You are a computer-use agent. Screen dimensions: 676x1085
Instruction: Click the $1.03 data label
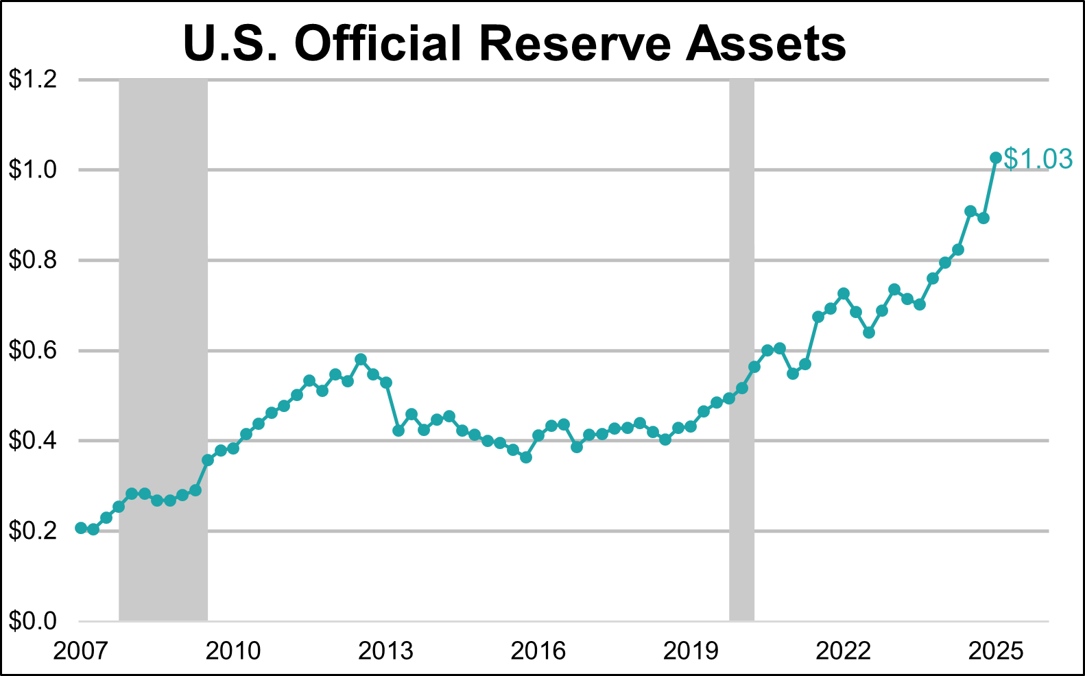click(x=1038, y=159)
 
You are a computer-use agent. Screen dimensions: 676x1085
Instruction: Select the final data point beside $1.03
click(x=996, y=158)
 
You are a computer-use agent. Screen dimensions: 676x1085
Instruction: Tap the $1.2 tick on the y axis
click(x=32, y=80)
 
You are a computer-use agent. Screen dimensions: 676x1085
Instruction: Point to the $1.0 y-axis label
click(x=32, y=170)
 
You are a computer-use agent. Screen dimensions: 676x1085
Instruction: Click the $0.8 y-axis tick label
click(x=32, y=261)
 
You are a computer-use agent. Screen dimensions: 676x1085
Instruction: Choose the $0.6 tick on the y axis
click(x=32, y=350)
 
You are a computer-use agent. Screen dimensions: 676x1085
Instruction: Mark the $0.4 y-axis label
click(x=32, y=441)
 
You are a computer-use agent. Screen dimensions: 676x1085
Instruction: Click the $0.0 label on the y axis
click(x=32, y=621)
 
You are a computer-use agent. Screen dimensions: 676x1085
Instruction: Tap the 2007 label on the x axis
click(x=81, y=650)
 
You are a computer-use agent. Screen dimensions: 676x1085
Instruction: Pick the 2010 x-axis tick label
click(x=233, y=650)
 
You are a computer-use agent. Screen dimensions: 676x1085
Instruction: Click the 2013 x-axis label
click(x=385, y=650)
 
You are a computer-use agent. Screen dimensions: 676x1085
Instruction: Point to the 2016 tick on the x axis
click(x=538, y=650)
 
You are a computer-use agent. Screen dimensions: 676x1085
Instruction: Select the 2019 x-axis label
click(x=691, y=650)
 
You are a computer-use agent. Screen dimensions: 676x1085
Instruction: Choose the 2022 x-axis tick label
click(x=843, y=650)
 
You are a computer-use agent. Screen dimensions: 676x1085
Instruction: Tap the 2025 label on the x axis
click(x=996, y=650)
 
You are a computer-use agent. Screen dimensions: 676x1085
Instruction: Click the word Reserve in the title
click(x=575, y=44)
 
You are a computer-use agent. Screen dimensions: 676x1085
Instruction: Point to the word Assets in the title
click(x=766, y=44)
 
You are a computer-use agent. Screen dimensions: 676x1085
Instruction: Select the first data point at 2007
click(x=81, y=528)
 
